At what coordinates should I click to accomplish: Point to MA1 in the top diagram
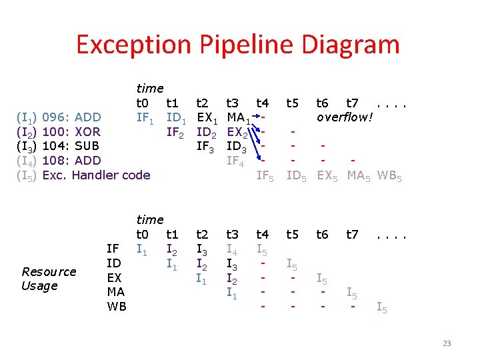pos(239,119)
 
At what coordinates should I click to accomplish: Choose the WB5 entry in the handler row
pos(389,176)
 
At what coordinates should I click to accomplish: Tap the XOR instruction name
pos(89,132)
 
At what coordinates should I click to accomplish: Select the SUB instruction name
pos(88,146)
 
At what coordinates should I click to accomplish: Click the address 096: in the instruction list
pos(56,118)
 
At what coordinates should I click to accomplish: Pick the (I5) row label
pos(26,175)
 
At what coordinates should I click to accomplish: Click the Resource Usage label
pos(49,279)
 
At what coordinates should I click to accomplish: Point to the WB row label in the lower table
pos(117,307)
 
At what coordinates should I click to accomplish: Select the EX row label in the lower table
pos(114,277)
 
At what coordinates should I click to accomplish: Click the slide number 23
pos(447,344)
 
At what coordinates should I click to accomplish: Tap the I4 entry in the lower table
pos(233,249)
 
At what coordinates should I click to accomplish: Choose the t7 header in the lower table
pos(352,234)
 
